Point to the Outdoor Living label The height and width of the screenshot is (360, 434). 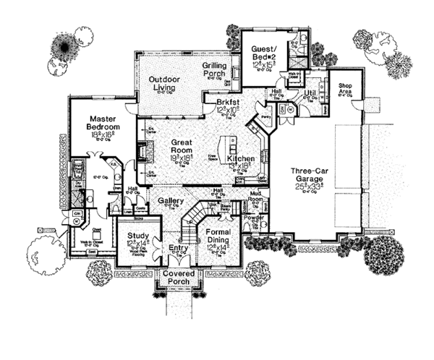164,84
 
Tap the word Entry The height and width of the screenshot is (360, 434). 177,247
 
